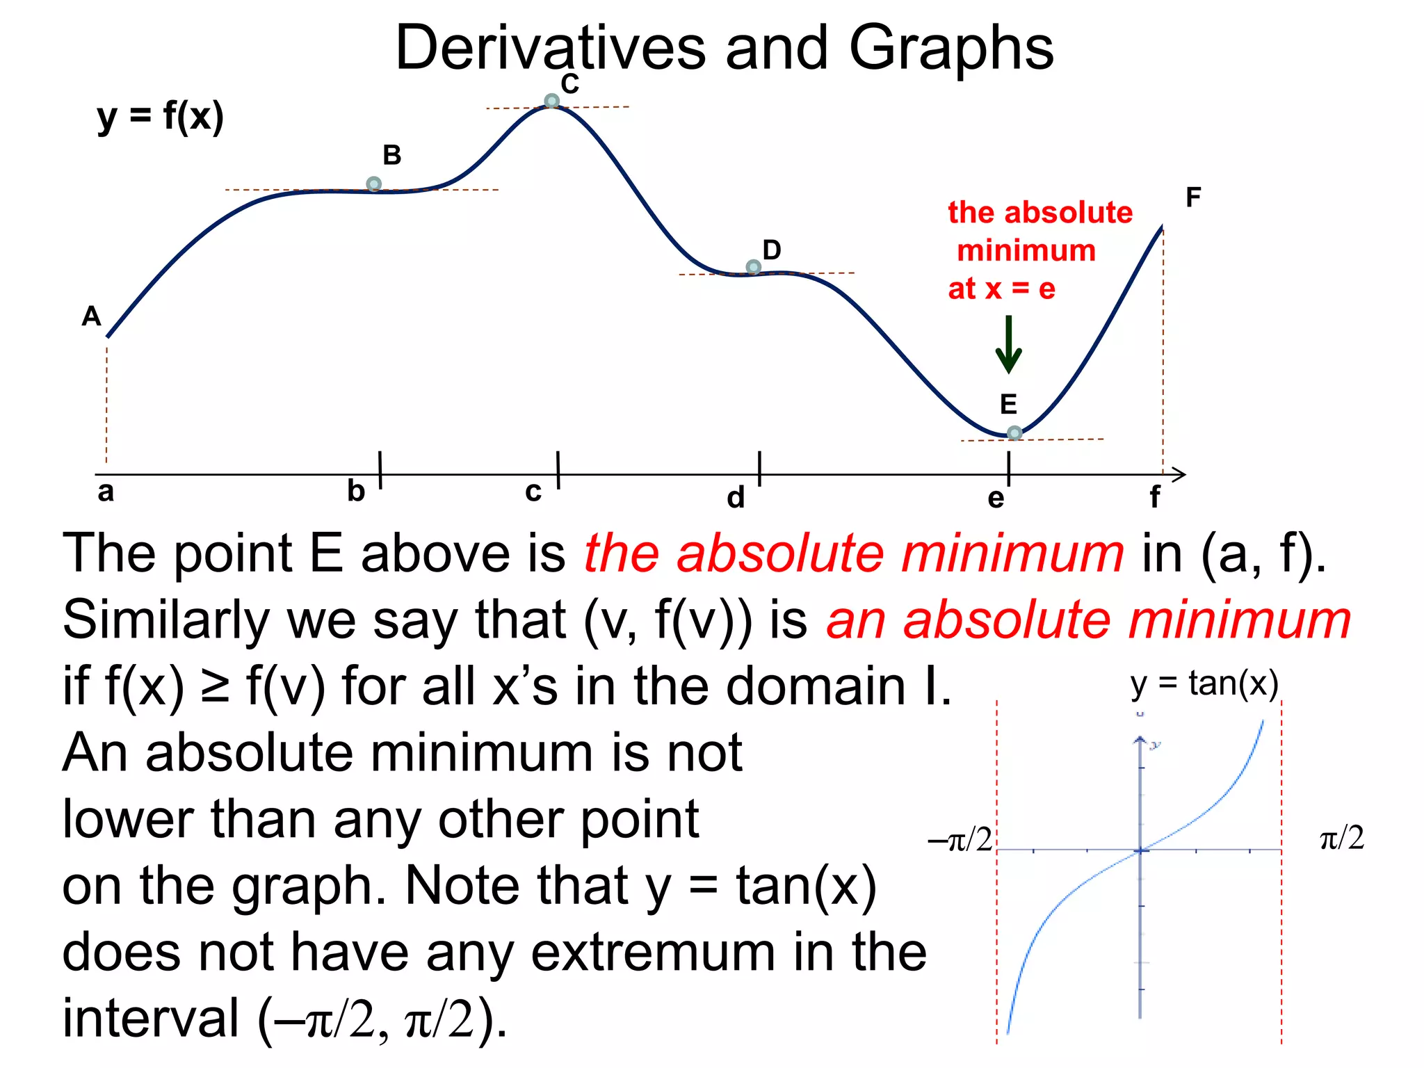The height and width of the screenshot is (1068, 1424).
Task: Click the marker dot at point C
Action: coord(551,102)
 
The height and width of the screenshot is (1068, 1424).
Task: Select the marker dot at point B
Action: coord(373,184)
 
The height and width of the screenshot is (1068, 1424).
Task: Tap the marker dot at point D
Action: coord(753,267)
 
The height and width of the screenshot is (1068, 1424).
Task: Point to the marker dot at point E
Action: coord(1014,433)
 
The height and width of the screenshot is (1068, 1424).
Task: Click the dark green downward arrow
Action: coord(1008,345)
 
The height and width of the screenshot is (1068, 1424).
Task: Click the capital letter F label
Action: coord(1193,197)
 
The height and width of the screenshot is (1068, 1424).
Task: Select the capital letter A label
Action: coord(92,316)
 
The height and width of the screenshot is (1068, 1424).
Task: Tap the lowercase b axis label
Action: coord(356,491)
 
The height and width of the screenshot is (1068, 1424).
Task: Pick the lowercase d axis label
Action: coord(736,497)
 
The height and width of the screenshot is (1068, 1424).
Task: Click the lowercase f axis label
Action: coord(1154,497)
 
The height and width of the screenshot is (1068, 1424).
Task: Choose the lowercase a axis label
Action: coord(106,492)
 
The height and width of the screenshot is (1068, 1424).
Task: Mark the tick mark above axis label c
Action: coord(558,469)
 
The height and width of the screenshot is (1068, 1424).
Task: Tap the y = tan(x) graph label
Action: coord(1204,683)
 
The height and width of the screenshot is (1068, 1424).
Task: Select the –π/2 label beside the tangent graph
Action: coord(960,839)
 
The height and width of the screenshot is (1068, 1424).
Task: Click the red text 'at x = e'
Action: coord(1001,288)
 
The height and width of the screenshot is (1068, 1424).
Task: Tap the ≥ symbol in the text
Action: coord(215,685)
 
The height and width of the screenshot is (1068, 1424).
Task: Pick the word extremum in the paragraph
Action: coord(653,952)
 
